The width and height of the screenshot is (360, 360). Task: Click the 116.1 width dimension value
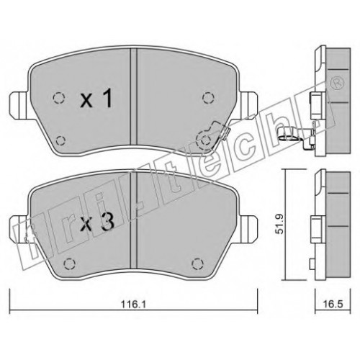(x=133, y=305)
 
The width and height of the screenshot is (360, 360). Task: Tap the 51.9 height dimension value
(x=280, y=224)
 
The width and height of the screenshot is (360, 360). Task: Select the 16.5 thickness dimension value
(x=333, y=305)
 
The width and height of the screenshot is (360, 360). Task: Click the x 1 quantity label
(x=96, y=98)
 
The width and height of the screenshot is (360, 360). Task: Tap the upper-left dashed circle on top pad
(x=59, y=98)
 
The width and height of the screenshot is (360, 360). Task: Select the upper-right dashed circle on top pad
(x=208, y=98)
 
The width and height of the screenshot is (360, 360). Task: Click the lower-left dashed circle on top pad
(x=60, y=140)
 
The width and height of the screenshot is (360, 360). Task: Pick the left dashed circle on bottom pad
(x=69, y=264)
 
